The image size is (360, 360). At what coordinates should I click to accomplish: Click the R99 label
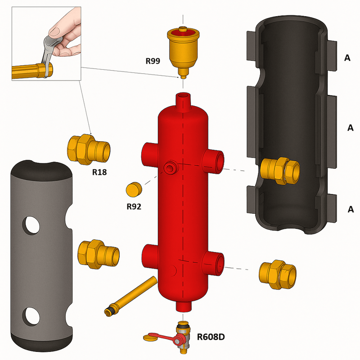(153, 61)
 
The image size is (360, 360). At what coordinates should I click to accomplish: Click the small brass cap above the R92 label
(134, 189)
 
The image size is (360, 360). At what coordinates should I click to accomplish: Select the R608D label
(212, 336)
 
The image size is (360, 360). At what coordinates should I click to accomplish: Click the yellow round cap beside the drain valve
(151, 337)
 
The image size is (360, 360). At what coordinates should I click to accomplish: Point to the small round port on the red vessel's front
(170, 168)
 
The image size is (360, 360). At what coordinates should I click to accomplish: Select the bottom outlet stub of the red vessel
(183, 306)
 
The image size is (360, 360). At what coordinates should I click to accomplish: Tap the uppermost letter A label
(347, 58)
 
